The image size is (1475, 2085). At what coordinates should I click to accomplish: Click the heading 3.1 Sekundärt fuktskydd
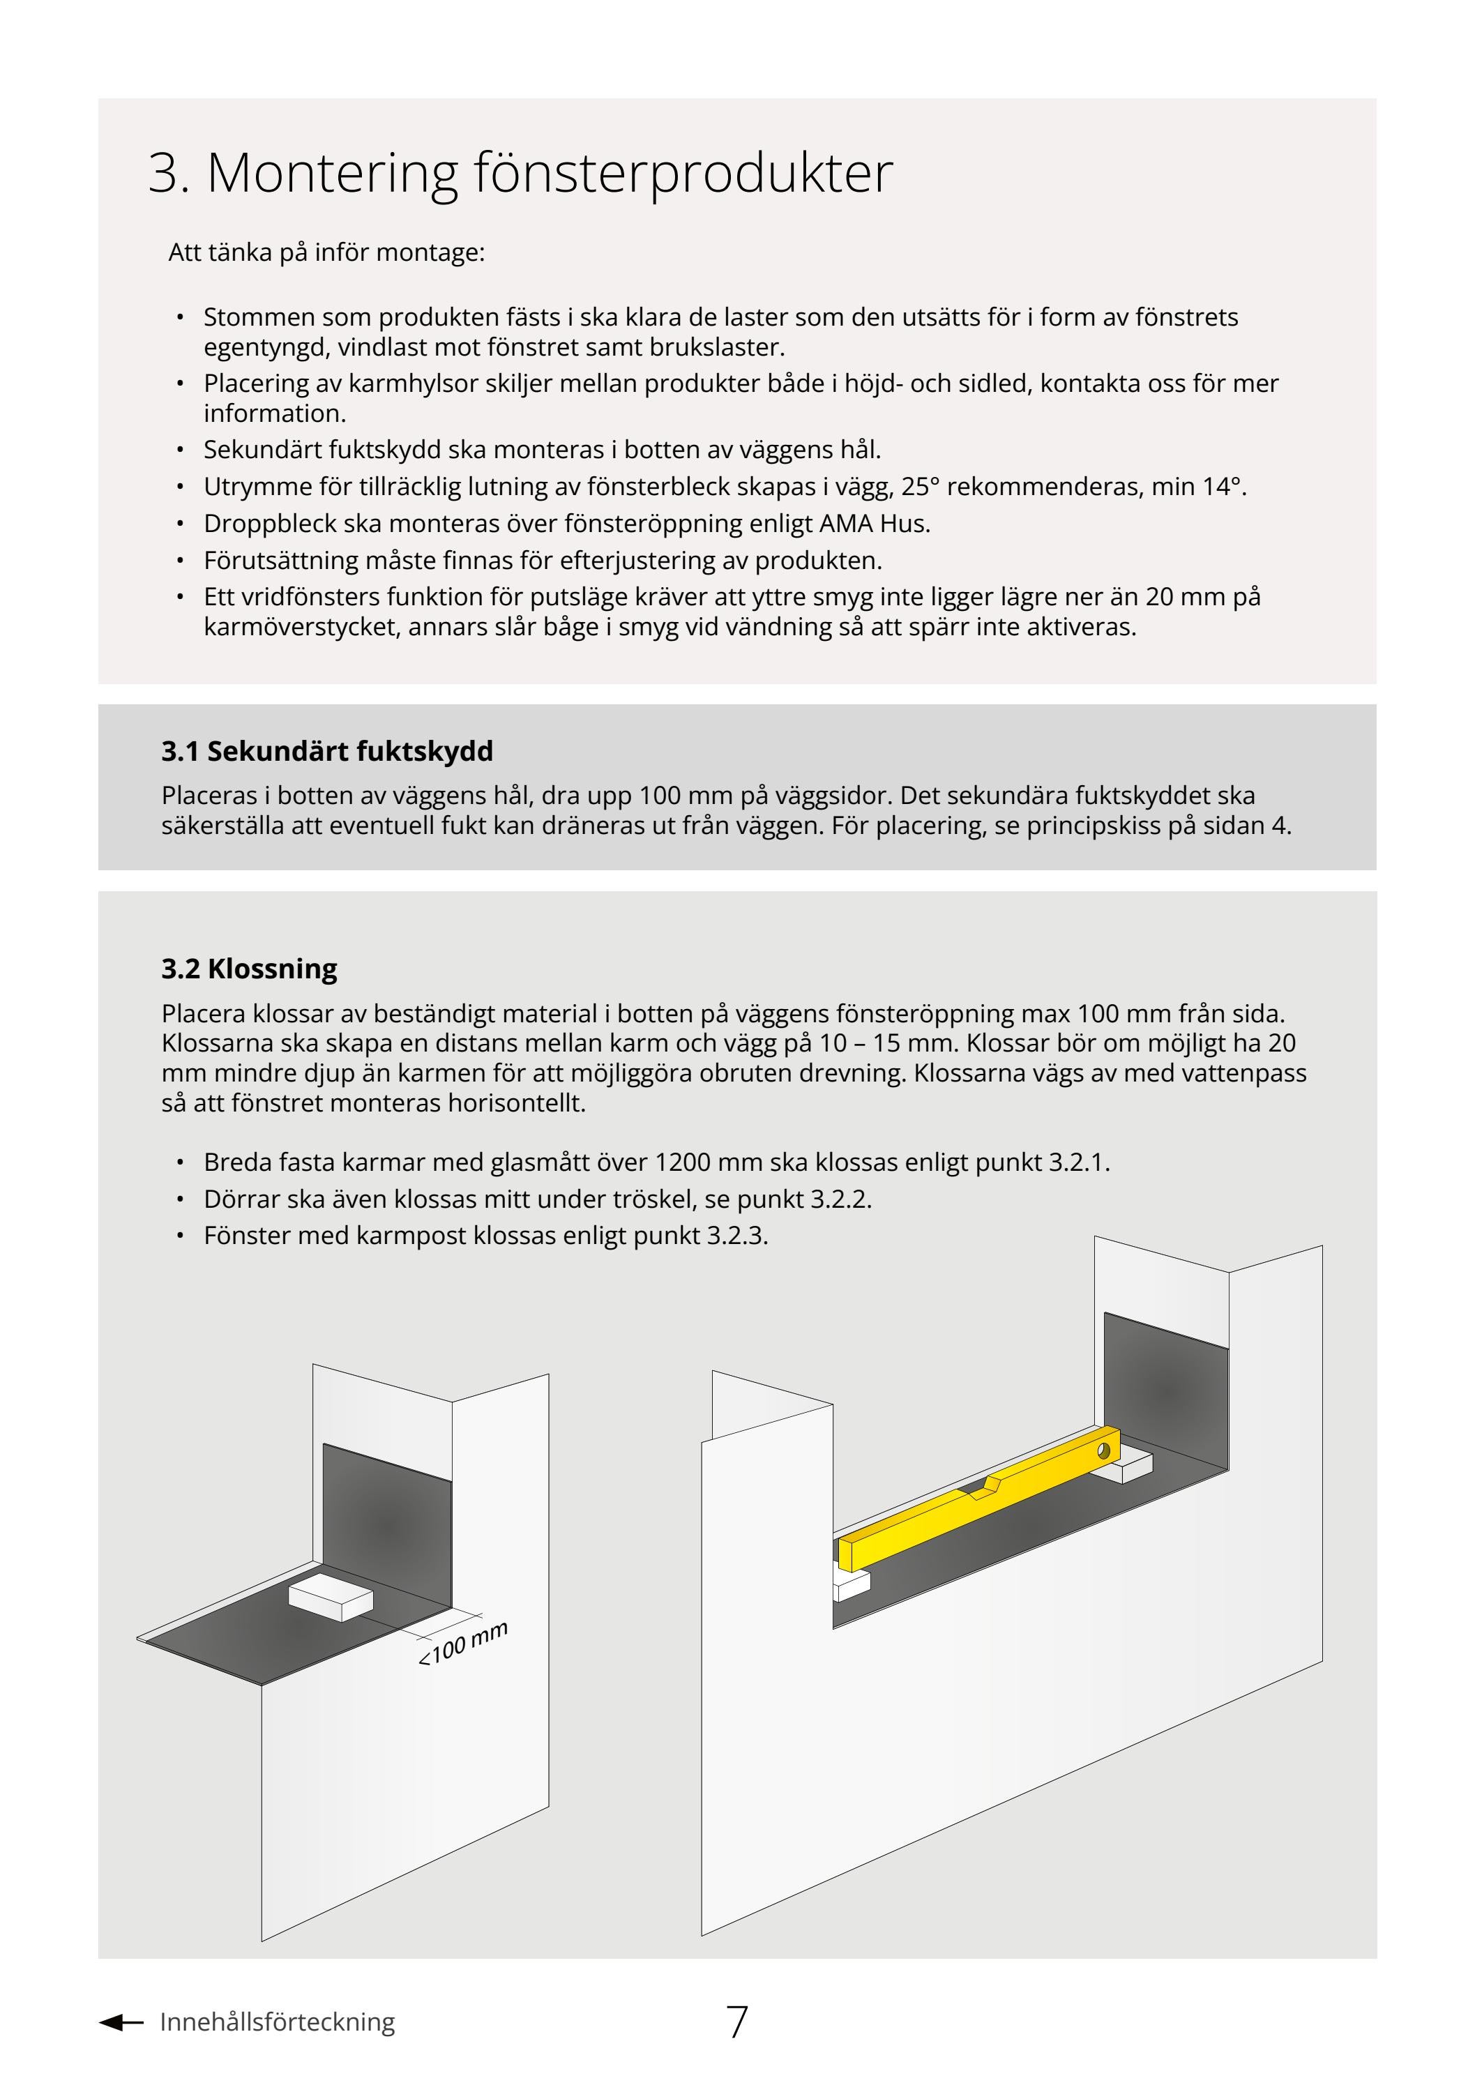coord(327,751)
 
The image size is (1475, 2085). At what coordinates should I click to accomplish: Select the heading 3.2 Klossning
coord(249,969)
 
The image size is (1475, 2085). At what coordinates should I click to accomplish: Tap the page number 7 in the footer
coord(736,2022)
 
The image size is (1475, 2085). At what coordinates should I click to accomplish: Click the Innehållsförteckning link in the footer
coord(277,2022)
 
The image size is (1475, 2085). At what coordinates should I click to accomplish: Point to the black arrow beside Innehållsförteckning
coord(120,2022)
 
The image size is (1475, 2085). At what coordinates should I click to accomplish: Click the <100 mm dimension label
coord(462,1644)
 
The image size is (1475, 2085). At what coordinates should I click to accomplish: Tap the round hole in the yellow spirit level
coord(1105,1450)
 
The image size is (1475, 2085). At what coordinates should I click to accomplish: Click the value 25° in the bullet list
coord(920,487)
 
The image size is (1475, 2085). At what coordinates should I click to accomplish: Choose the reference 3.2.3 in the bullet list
coord(736,1236)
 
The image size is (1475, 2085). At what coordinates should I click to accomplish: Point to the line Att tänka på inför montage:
coord(326,252)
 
